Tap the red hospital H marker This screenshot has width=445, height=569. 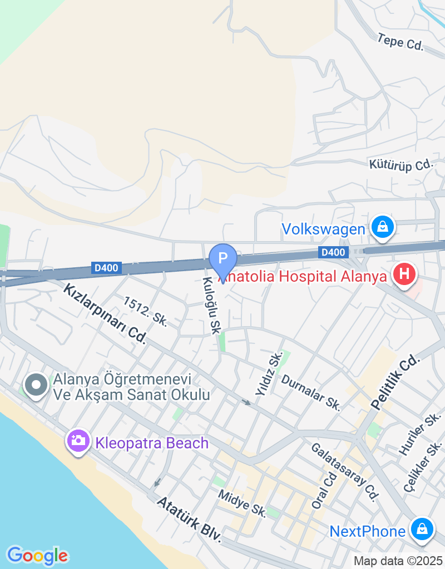click(x=404, y=274)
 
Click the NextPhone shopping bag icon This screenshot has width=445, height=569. click(x=422, y=530)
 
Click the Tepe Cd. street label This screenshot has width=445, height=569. click(x=400, y=42)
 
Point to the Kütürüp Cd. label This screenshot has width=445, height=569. click(x=400, y=164)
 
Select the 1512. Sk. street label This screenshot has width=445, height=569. click(x=146, y=311)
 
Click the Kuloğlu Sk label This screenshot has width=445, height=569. click(x=212, y=306)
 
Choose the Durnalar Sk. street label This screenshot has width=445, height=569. click(x=311, y=393)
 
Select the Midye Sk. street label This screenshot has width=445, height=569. click(x=243, y=503)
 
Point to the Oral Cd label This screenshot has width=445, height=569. click(x=324, y=491)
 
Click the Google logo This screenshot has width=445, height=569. click(x=37, y=555)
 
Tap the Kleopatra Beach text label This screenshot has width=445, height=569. click(x=152, y=443)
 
